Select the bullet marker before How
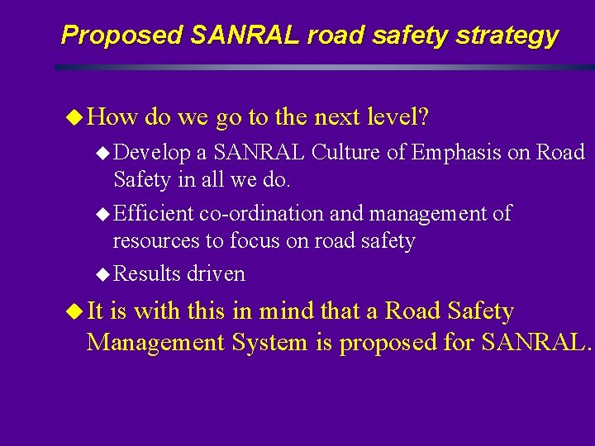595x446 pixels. pos(74,118)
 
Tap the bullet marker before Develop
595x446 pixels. pos(102,153)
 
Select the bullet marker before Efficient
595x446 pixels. pos(102,214)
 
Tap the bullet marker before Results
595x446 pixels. pos(102,273)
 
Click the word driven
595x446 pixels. pos(216,273)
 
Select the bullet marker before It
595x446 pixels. pos(74,312)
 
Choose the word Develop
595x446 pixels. pos(150,154)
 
